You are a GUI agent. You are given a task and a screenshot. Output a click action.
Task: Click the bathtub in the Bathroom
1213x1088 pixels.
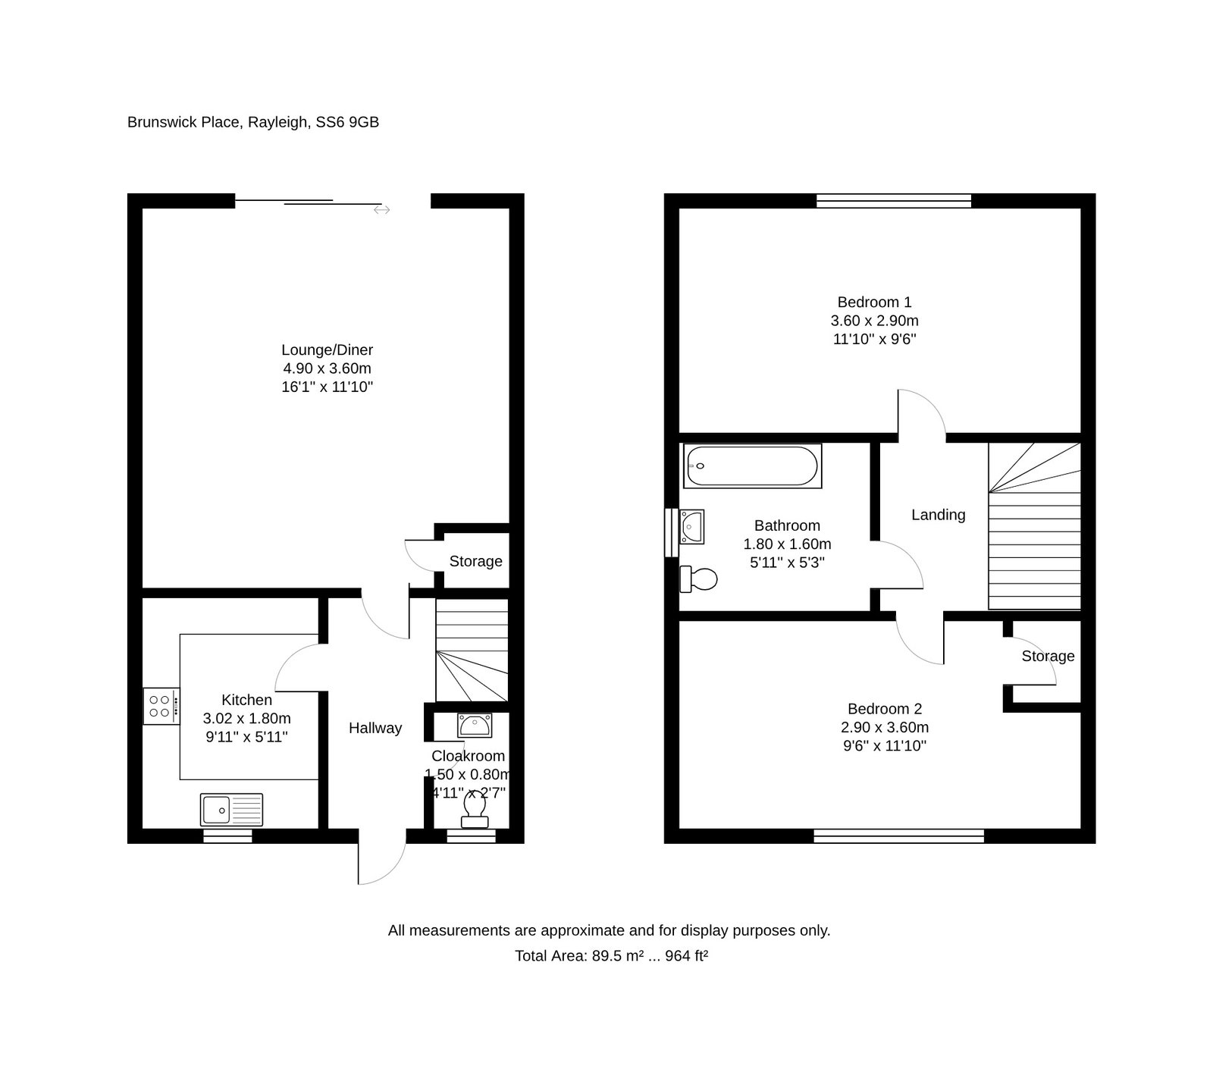752,466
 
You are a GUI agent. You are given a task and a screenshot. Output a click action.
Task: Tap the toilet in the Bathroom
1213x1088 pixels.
698,579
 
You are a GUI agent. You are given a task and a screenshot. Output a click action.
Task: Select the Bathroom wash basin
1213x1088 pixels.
691,526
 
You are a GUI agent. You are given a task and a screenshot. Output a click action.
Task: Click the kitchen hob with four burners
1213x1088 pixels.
161,706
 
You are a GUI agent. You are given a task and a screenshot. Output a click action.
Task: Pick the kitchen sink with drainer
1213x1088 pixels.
232,810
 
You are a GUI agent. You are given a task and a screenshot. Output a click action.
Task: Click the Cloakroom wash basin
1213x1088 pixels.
475,725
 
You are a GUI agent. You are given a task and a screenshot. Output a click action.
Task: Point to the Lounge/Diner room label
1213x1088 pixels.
328,350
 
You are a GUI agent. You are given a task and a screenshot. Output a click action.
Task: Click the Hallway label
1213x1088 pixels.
375,728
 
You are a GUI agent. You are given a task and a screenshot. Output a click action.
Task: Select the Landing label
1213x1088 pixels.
939,515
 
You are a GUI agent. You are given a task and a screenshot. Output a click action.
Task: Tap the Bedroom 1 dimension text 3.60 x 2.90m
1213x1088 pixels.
875,321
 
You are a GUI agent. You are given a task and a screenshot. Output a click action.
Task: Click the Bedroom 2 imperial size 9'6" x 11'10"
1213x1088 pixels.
885,746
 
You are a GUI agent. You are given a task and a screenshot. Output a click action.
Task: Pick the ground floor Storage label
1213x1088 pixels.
476,561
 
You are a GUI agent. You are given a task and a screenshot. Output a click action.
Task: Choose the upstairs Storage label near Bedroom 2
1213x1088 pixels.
1048,656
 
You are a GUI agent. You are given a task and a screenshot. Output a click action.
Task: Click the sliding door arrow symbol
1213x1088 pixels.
381,209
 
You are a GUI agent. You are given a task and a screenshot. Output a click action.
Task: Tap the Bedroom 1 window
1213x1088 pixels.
894,201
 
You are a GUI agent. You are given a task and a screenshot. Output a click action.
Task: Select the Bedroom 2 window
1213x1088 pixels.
899,836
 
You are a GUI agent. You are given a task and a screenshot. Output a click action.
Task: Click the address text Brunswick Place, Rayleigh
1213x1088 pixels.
218,122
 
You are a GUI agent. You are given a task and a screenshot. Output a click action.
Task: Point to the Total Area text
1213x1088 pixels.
612,956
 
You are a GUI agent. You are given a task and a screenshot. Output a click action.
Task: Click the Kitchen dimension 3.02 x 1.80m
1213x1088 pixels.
247,718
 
